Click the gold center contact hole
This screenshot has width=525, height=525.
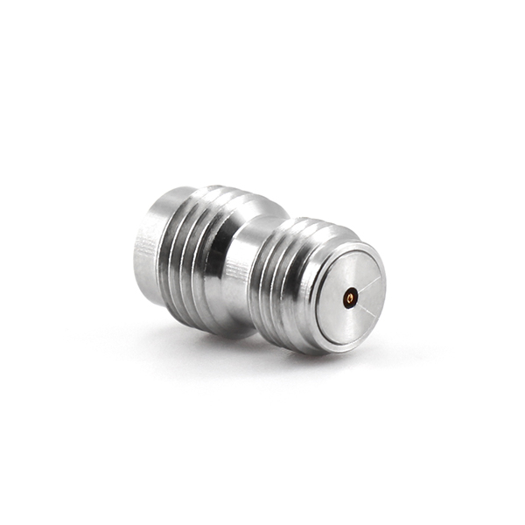click(350, 299)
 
